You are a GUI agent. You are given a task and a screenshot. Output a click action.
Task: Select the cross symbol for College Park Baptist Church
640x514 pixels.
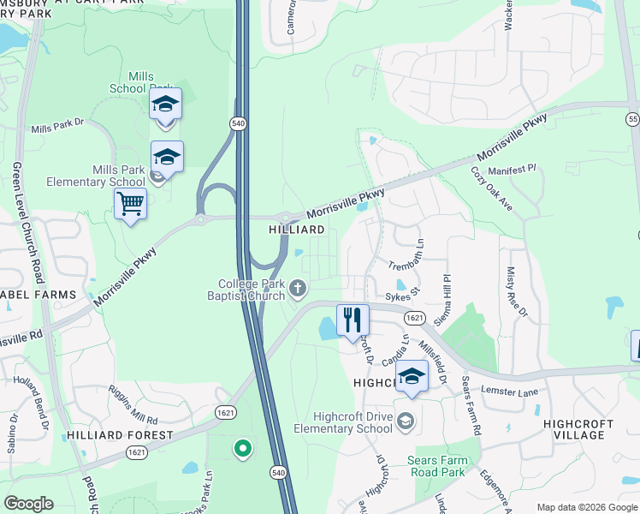tap(297, 289)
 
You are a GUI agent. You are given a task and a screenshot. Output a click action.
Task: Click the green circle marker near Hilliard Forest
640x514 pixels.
tap(243, 447)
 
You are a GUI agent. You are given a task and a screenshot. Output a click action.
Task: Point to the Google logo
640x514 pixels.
tap(28, 504)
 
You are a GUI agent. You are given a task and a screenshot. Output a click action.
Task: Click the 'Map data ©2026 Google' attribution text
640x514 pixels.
tap(587, 507)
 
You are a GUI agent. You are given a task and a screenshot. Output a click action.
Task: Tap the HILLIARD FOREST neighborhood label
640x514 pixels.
tap(120, 434)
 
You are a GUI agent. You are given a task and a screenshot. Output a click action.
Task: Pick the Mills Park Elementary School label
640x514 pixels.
tap(96, 176)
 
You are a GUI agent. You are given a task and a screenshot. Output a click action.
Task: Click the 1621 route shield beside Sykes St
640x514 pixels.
tap(414, 318)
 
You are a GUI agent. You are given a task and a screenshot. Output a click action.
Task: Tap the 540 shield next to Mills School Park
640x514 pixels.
tap(237, 124)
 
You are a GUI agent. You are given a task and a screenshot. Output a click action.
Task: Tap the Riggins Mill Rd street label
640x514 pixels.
tap(133, 404)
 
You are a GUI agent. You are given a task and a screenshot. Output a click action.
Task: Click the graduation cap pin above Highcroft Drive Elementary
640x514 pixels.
tap(412, 377)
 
